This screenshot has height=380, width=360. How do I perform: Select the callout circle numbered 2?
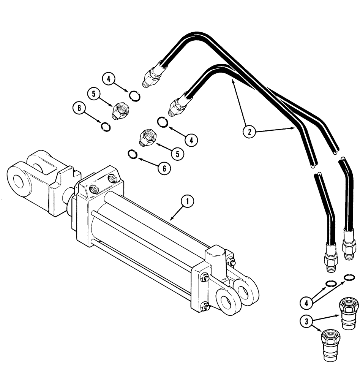[x=249, y=132]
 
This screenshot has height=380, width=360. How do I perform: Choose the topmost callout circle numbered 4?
[x=109, y=79]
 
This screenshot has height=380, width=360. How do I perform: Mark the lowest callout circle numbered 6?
[x=164, y=169]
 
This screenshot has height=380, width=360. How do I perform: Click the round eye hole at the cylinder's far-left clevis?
[x=18, y=181]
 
